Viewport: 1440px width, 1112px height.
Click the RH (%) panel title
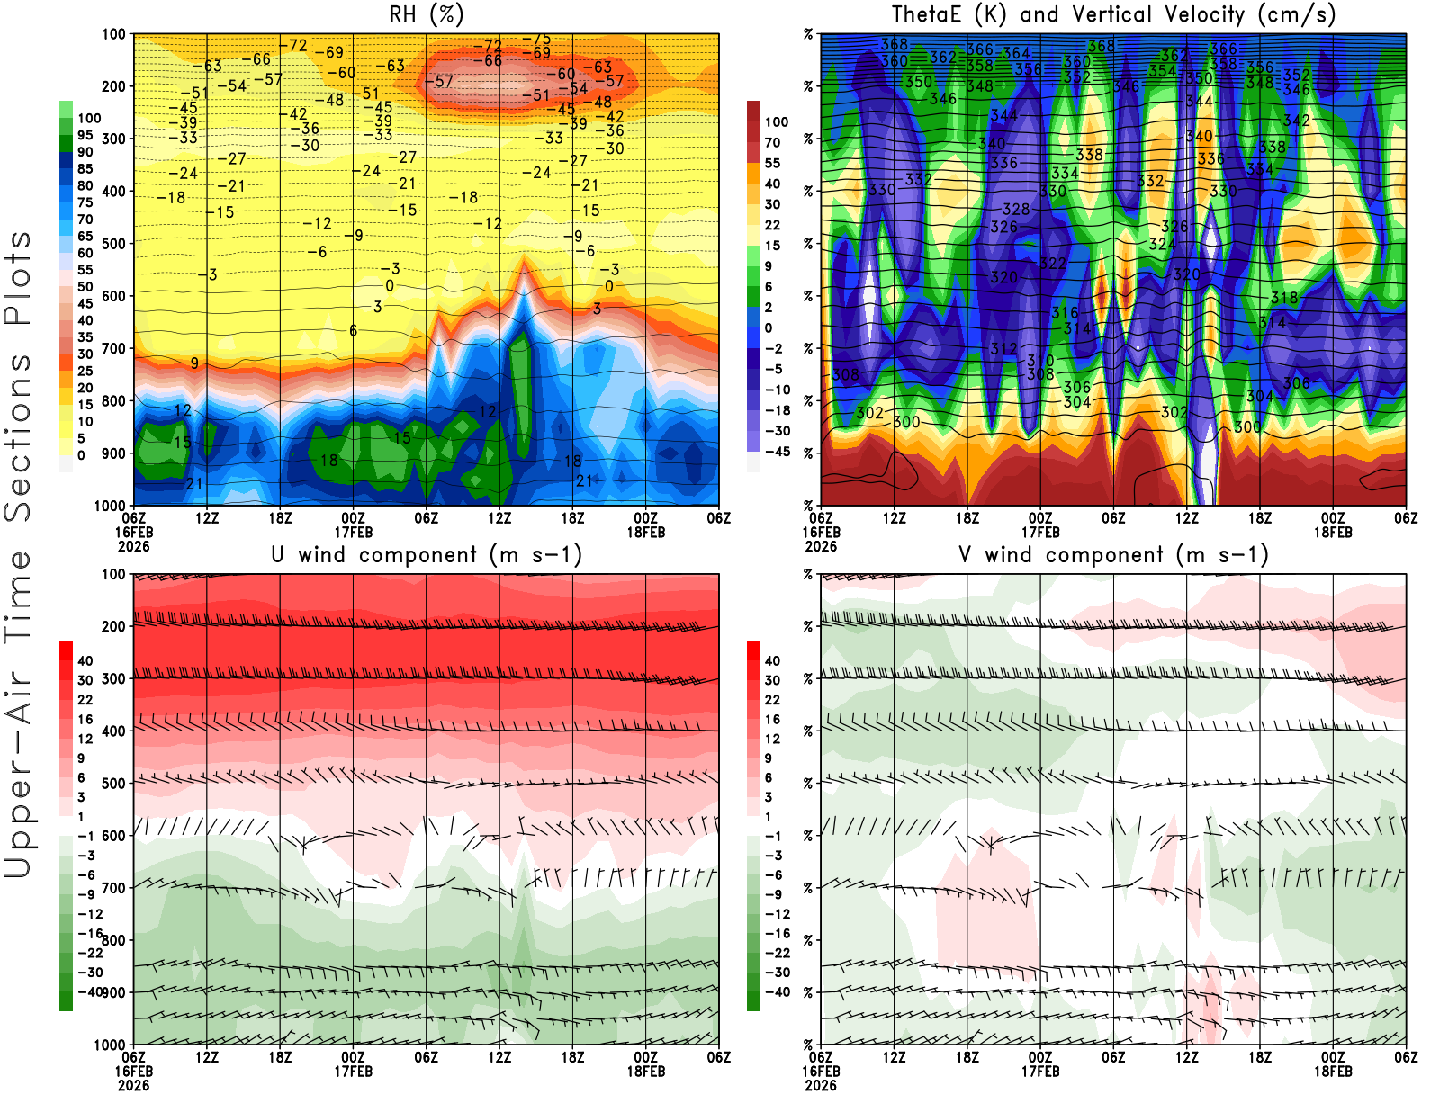tap(427, 14)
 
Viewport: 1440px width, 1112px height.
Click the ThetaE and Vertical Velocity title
tap(1113, 14)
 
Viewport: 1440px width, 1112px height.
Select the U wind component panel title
tap(427, 554)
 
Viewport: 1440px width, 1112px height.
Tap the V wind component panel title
tap(1113, 554)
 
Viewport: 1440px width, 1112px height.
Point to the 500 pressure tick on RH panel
tap(114, 244)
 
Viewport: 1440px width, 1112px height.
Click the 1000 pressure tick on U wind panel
tap(111, 1045)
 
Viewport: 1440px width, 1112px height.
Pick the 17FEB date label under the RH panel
tap(353, 532)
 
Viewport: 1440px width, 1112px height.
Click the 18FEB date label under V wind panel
tap(1333, 1072)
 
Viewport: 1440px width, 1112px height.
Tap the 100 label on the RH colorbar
tap(89, 118)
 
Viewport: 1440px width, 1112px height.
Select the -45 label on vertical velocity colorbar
tap(776, 452)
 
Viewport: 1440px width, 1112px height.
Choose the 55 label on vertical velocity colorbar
tap(772, 163)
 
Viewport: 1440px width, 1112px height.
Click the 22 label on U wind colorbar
tap(85, 700)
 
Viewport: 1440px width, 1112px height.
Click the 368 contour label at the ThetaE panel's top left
tap(894, 44)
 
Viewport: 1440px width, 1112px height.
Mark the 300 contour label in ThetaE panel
tap(906, 421)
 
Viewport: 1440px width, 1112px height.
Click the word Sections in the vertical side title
tap(18, 436)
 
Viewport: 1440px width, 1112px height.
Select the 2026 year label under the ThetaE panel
tap(821, 546)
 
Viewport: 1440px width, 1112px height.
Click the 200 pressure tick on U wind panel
tap(114, 627)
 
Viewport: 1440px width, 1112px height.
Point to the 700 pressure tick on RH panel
tap(114, 349)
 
